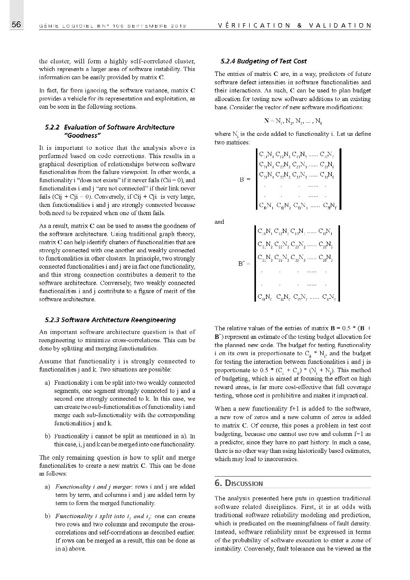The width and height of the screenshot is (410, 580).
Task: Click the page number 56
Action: click(16, 25)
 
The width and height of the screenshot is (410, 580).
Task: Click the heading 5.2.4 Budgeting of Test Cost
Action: click(263, 61)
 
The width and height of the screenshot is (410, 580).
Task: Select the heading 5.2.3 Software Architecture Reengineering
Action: click(110, 319)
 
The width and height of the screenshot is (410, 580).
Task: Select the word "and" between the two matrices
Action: click(219, 222)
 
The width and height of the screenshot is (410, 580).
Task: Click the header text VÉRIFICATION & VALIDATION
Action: click(295, 25)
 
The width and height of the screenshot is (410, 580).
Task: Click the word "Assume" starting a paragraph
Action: click(50, 361)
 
